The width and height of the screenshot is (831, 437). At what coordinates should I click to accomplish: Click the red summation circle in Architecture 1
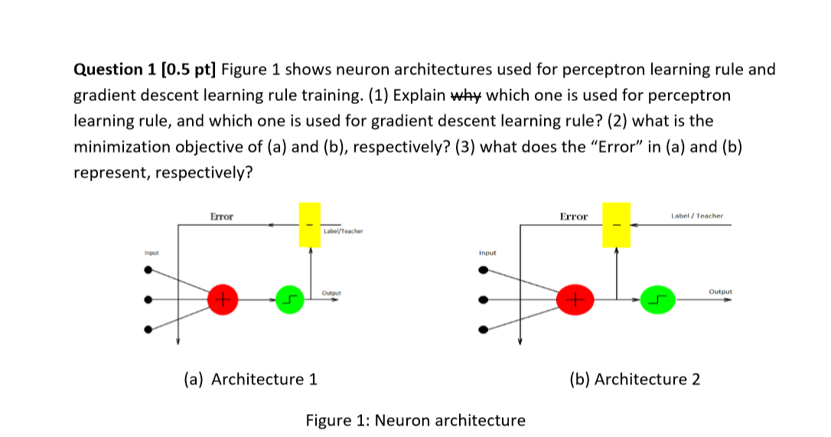tap(223, 299)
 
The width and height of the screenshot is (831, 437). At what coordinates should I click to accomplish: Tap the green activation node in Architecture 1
tap(288, 299)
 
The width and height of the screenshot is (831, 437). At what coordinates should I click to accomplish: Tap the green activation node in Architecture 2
tap(658, 299)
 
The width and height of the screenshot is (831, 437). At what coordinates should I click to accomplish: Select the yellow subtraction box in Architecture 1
tap(310, 225)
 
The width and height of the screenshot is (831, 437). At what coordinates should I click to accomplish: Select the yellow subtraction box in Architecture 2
tap(616, 225)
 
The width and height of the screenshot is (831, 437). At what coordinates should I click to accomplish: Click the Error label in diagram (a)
tap(222, 217)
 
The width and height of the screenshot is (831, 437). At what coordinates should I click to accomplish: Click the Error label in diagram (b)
tap(574, 217)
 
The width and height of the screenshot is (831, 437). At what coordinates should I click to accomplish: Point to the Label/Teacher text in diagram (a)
tap(344, 230)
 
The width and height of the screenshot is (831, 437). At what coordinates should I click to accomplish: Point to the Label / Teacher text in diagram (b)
tap(697, 217)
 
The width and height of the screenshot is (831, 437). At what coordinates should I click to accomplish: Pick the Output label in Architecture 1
tap(331, 292)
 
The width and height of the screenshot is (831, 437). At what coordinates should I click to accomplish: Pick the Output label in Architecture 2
tap(720, 292)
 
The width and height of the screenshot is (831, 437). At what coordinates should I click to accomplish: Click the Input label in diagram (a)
tap(152, 252)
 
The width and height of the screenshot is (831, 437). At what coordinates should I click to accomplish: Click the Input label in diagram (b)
tap(487, 252)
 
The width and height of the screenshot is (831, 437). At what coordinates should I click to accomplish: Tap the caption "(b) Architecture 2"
tap(634, 379)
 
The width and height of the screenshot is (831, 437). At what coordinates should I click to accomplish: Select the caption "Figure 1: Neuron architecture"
tap(415, 420)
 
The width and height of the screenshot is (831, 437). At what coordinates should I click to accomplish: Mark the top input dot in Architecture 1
tap(148, 269)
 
